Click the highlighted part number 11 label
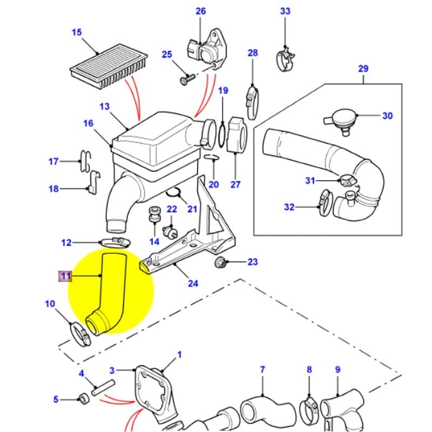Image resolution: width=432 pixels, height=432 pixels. pyautogui.click(x=65, y=276)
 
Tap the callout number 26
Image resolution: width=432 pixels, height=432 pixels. pyautogui.click(x=200, y=11)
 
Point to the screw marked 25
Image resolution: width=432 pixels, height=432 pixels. pyautogui.click(x=186, y=79)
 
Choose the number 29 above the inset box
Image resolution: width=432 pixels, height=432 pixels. pyautogui.click(x=363, y=69)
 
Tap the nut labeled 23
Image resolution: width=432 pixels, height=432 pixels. pyautogui.click(x=220, y=262)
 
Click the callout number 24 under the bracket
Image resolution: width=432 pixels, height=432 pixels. pyautogui.click(x=192, y=283)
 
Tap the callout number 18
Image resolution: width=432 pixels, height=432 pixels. pyautogui.click(x=53, y=188)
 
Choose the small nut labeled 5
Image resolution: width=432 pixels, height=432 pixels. pyautogui.click(x=83, y=399)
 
